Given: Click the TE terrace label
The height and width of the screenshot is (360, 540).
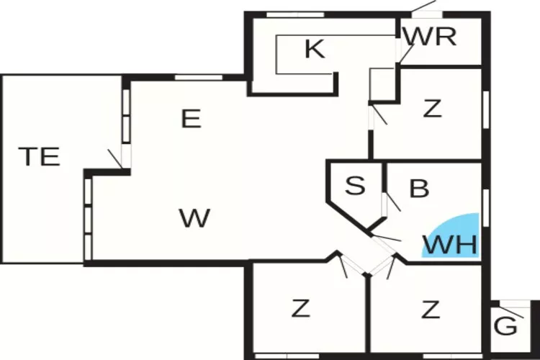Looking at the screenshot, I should [39, 156].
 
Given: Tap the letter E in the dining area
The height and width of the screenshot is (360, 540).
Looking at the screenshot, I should [190, 119].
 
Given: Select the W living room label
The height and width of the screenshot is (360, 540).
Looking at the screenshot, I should [194, 217].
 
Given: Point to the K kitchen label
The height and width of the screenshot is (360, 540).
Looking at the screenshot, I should [314, 50].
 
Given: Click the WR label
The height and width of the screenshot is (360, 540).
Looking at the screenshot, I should [430, 36].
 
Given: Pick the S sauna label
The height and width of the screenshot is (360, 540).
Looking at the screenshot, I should [354, 186].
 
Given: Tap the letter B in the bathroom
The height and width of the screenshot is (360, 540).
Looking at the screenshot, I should [419, 189].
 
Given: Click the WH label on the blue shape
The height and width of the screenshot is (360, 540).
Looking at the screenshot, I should [450, 245].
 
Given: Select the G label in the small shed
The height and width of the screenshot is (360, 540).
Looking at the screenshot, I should [506, 326].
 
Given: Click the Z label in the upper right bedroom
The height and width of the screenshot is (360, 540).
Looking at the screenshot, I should [431, 109].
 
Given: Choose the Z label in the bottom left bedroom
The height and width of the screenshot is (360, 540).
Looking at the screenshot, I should [300, 310].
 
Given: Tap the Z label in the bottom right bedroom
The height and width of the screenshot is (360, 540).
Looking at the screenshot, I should [431, 310].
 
